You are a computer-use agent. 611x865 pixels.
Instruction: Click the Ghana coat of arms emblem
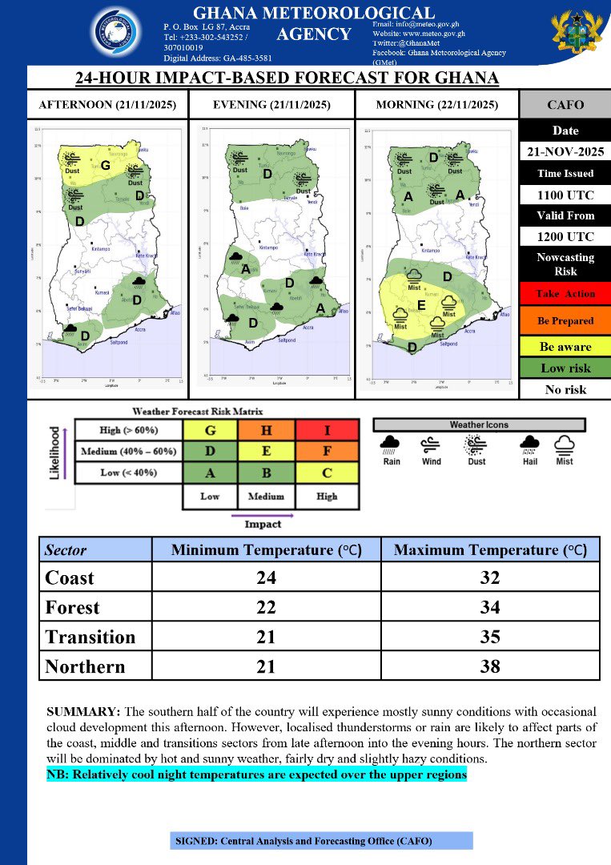click(x=576, y=34)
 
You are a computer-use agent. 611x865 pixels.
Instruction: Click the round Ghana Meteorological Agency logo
click(x=119, y=34)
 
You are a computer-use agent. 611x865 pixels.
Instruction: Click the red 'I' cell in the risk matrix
click(x=327, y=431)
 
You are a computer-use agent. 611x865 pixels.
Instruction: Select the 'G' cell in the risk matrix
click(x=210, y=431)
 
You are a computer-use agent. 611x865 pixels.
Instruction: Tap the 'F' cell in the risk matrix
click(x=327, y=452)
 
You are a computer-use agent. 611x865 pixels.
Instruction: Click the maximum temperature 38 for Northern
click(x=489, y=666)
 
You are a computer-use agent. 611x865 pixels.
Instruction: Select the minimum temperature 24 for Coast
click(x=265, y=577)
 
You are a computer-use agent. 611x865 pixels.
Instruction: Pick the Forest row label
click(x=73, y=607)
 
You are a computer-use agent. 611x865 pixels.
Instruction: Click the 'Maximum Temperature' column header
click(x=489, y=550)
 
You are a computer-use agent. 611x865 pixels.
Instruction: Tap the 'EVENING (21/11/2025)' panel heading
click(x=271, y=105)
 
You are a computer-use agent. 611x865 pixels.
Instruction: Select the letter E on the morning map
click(x=421, y=305)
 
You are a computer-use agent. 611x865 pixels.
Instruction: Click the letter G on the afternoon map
click(x=105, y=165)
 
